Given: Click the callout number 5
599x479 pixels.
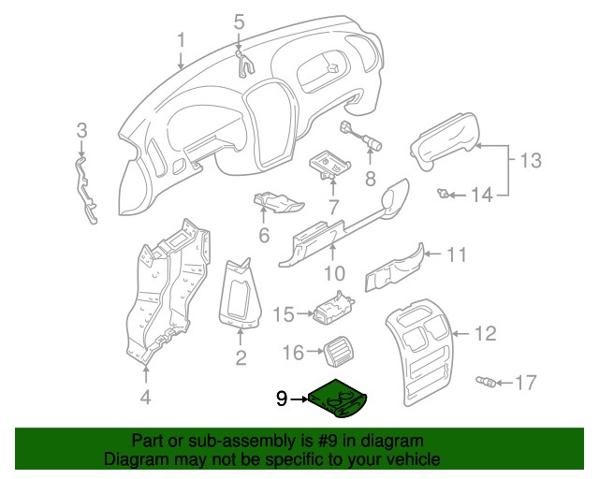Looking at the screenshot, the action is tap(239, 22).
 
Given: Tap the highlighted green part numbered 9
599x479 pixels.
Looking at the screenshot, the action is tap(338, 399).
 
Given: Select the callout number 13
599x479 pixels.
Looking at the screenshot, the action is tap(531, 160).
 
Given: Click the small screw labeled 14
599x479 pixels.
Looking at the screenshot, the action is tap(443, 194).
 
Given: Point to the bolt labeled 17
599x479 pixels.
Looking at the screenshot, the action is tap(486, 381).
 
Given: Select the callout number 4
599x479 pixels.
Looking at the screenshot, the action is tap(146, 397).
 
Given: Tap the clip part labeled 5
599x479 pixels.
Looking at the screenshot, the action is tap(244, 63).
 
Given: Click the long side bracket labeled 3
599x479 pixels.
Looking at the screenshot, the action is tap(86, 190).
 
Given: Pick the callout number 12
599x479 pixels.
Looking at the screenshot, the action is tap(486, 333).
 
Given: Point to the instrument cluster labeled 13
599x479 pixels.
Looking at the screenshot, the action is tap(444, 141).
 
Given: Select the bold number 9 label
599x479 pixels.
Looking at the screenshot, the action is tap(282, 399).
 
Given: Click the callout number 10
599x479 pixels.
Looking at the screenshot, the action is tap(335, 273).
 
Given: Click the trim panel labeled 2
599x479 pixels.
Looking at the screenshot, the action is tap(240, 294).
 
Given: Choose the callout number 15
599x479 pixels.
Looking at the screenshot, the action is tap(284, 314).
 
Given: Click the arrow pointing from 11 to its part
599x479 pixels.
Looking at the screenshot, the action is tap(432, 254).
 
